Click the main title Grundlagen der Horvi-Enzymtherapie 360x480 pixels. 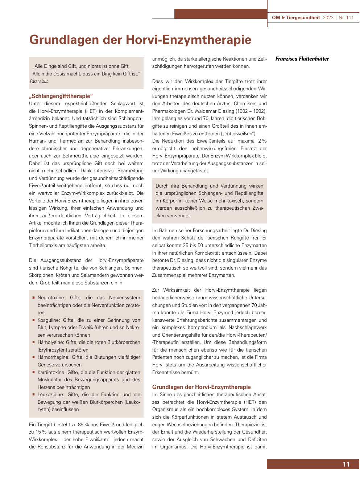point(140,40)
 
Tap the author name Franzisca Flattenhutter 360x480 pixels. point(302,59)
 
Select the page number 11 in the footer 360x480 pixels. point(346,464)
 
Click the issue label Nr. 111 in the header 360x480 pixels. point(346,17)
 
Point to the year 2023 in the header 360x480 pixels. point(328,17)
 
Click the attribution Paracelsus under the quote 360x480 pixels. point(39,82)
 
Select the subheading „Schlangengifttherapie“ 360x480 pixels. point(61,96)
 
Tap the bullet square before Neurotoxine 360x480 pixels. point(33,298)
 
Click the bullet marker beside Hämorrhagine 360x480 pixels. point(33,357)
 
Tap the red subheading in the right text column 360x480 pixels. point(201,387)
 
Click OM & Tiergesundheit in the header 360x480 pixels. point(296,17)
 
